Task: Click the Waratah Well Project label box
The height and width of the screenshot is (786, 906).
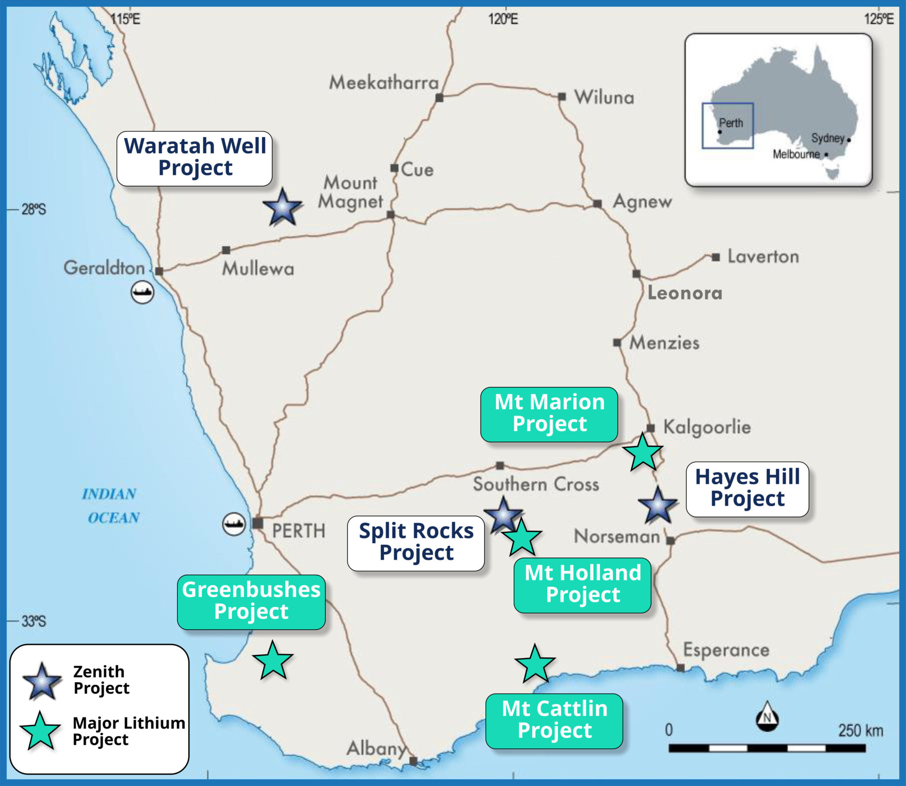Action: [x=194, y=158]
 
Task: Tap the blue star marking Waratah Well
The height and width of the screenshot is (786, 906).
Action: [x=282, y=207]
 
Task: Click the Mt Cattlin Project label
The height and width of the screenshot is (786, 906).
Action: [x=554, y=721]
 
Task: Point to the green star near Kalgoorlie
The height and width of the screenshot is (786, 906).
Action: [x=642, y=452]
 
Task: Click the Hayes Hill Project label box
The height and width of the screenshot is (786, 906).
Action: [x=747, y=489]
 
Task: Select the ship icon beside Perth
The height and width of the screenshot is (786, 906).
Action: [x=234, y=524]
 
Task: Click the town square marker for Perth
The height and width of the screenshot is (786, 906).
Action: [x=257, y=523]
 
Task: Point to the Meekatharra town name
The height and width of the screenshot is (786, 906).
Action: [x=384, y=83]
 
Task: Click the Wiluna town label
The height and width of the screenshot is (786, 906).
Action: [x=604, y=98]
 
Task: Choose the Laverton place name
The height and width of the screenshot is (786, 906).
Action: [x=763, y=257]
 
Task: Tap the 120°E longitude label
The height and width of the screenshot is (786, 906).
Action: [x=503, y=19]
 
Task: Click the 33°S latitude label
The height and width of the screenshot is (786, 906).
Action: [x=34, y=621]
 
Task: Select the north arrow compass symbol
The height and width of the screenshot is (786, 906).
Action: [x=767, y=716]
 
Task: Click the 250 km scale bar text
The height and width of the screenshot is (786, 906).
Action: [x=860, y=731]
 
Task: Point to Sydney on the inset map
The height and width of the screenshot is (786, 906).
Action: [x=828, y=138]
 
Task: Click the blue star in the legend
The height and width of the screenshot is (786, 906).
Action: [x=42, y=681]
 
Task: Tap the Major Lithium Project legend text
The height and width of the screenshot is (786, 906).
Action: [x=128, y=731]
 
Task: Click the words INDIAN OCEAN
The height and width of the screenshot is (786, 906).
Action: [x=111, y=506]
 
